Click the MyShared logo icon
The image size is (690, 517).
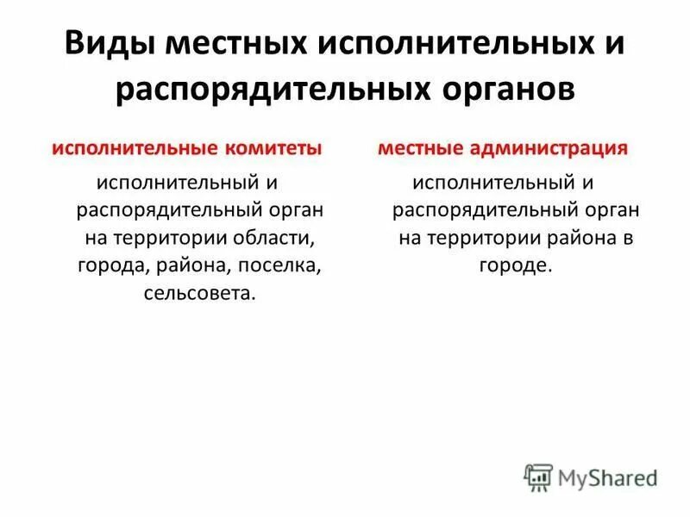[x=538, y=477]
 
